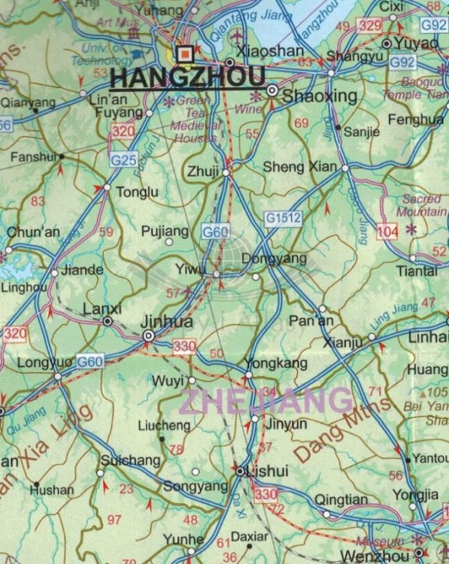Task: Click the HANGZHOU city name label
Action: point(187,77)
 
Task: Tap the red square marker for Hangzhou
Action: point(184,53)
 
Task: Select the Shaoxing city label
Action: point(308,96)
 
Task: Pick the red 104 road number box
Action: point(387,231)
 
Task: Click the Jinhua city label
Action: point(167,322)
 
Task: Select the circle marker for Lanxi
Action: point(108,321)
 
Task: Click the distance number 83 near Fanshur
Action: point(38,201)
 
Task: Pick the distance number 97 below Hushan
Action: point(114,520)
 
